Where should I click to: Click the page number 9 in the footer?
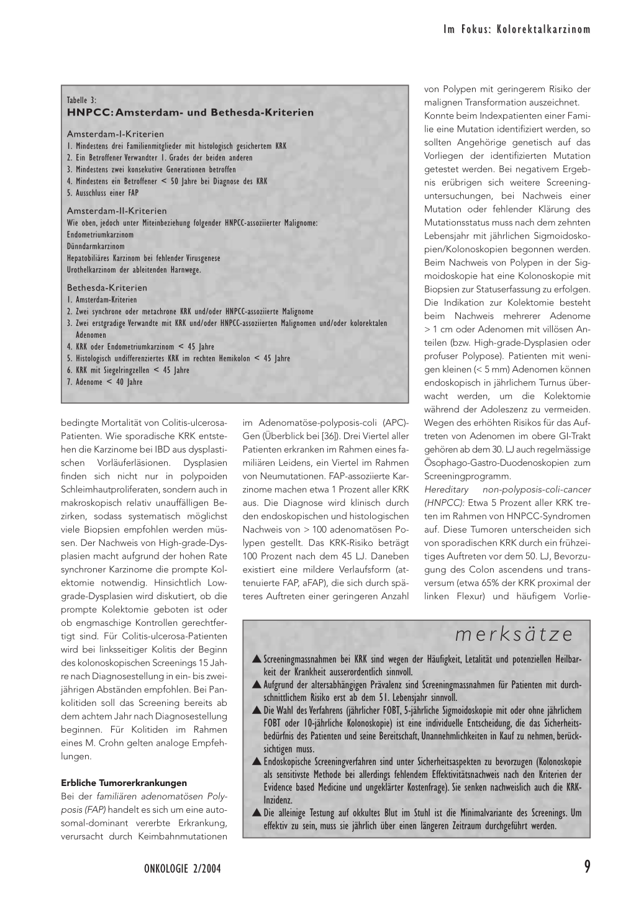pyautogui.click(x=586, y=867)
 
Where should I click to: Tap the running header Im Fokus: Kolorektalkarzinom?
pyautogui.click(x=516, y=29)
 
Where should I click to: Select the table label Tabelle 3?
pyautogui.click(x=81, y=100)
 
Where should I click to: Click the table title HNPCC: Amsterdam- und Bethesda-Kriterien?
pyautogui.click(x=190, y=112)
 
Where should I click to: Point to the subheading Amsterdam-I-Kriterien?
pyautogui.click(x=116, y=134)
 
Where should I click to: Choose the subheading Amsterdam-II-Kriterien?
pyautogui.click(x=117, y=211)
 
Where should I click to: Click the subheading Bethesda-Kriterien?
pyautogui.click(x=107, y=288)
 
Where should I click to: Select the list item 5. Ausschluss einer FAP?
pyautogui.click(x=102, y=193)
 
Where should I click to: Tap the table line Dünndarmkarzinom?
pyautogui.click(x=96, y=246)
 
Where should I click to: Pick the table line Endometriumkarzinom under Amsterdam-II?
pyautogui.click(x=100, y=235)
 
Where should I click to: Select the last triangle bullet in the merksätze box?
pyautogui.click(x=256, y=813)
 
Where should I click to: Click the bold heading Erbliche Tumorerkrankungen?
pyautogui.click(x=124, y=783)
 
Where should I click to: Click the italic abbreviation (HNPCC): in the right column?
pyautogui.click(x=444, y=503)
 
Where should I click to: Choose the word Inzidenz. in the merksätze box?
pyautogui.click(x=278, y=800)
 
